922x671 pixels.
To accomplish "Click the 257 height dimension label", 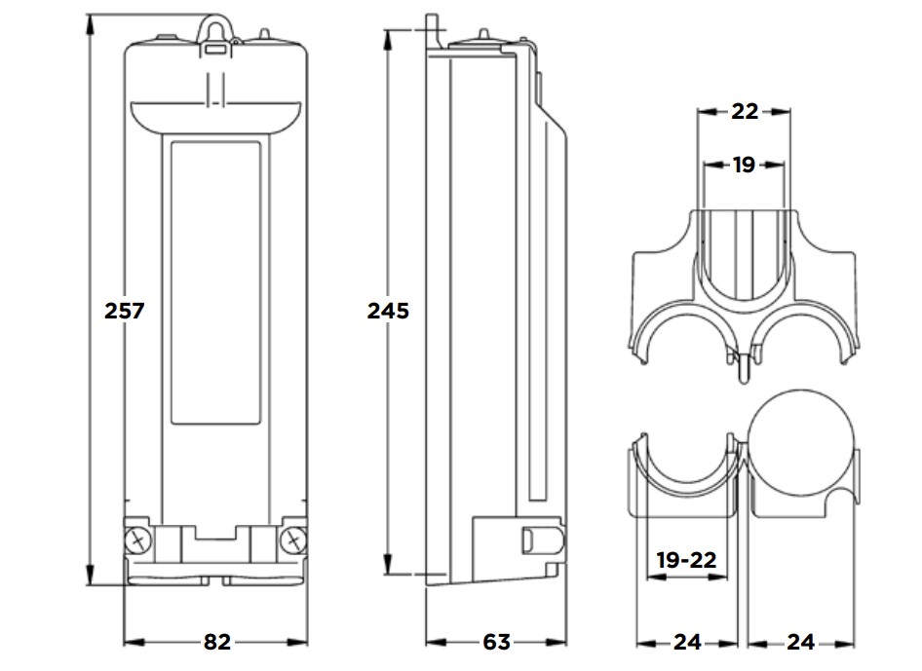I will tap(125, 311).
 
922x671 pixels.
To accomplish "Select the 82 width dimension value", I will tap(216, 642).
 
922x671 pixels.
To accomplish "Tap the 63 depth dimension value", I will tap(496, 642).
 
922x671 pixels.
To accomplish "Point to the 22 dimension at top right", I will tap(744, 111).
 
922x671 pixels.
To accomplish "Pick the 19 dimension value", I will tap(744, 165).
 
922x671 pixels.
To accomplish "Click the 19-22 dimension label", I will tap(686, 560).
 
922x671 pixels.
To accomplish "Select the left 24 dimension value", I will tap(687, 642).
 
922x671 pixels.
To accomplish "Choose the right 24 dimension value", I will tap(800, 642).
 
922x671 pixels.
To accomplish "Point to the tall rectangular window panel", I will tap(215, 282).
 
